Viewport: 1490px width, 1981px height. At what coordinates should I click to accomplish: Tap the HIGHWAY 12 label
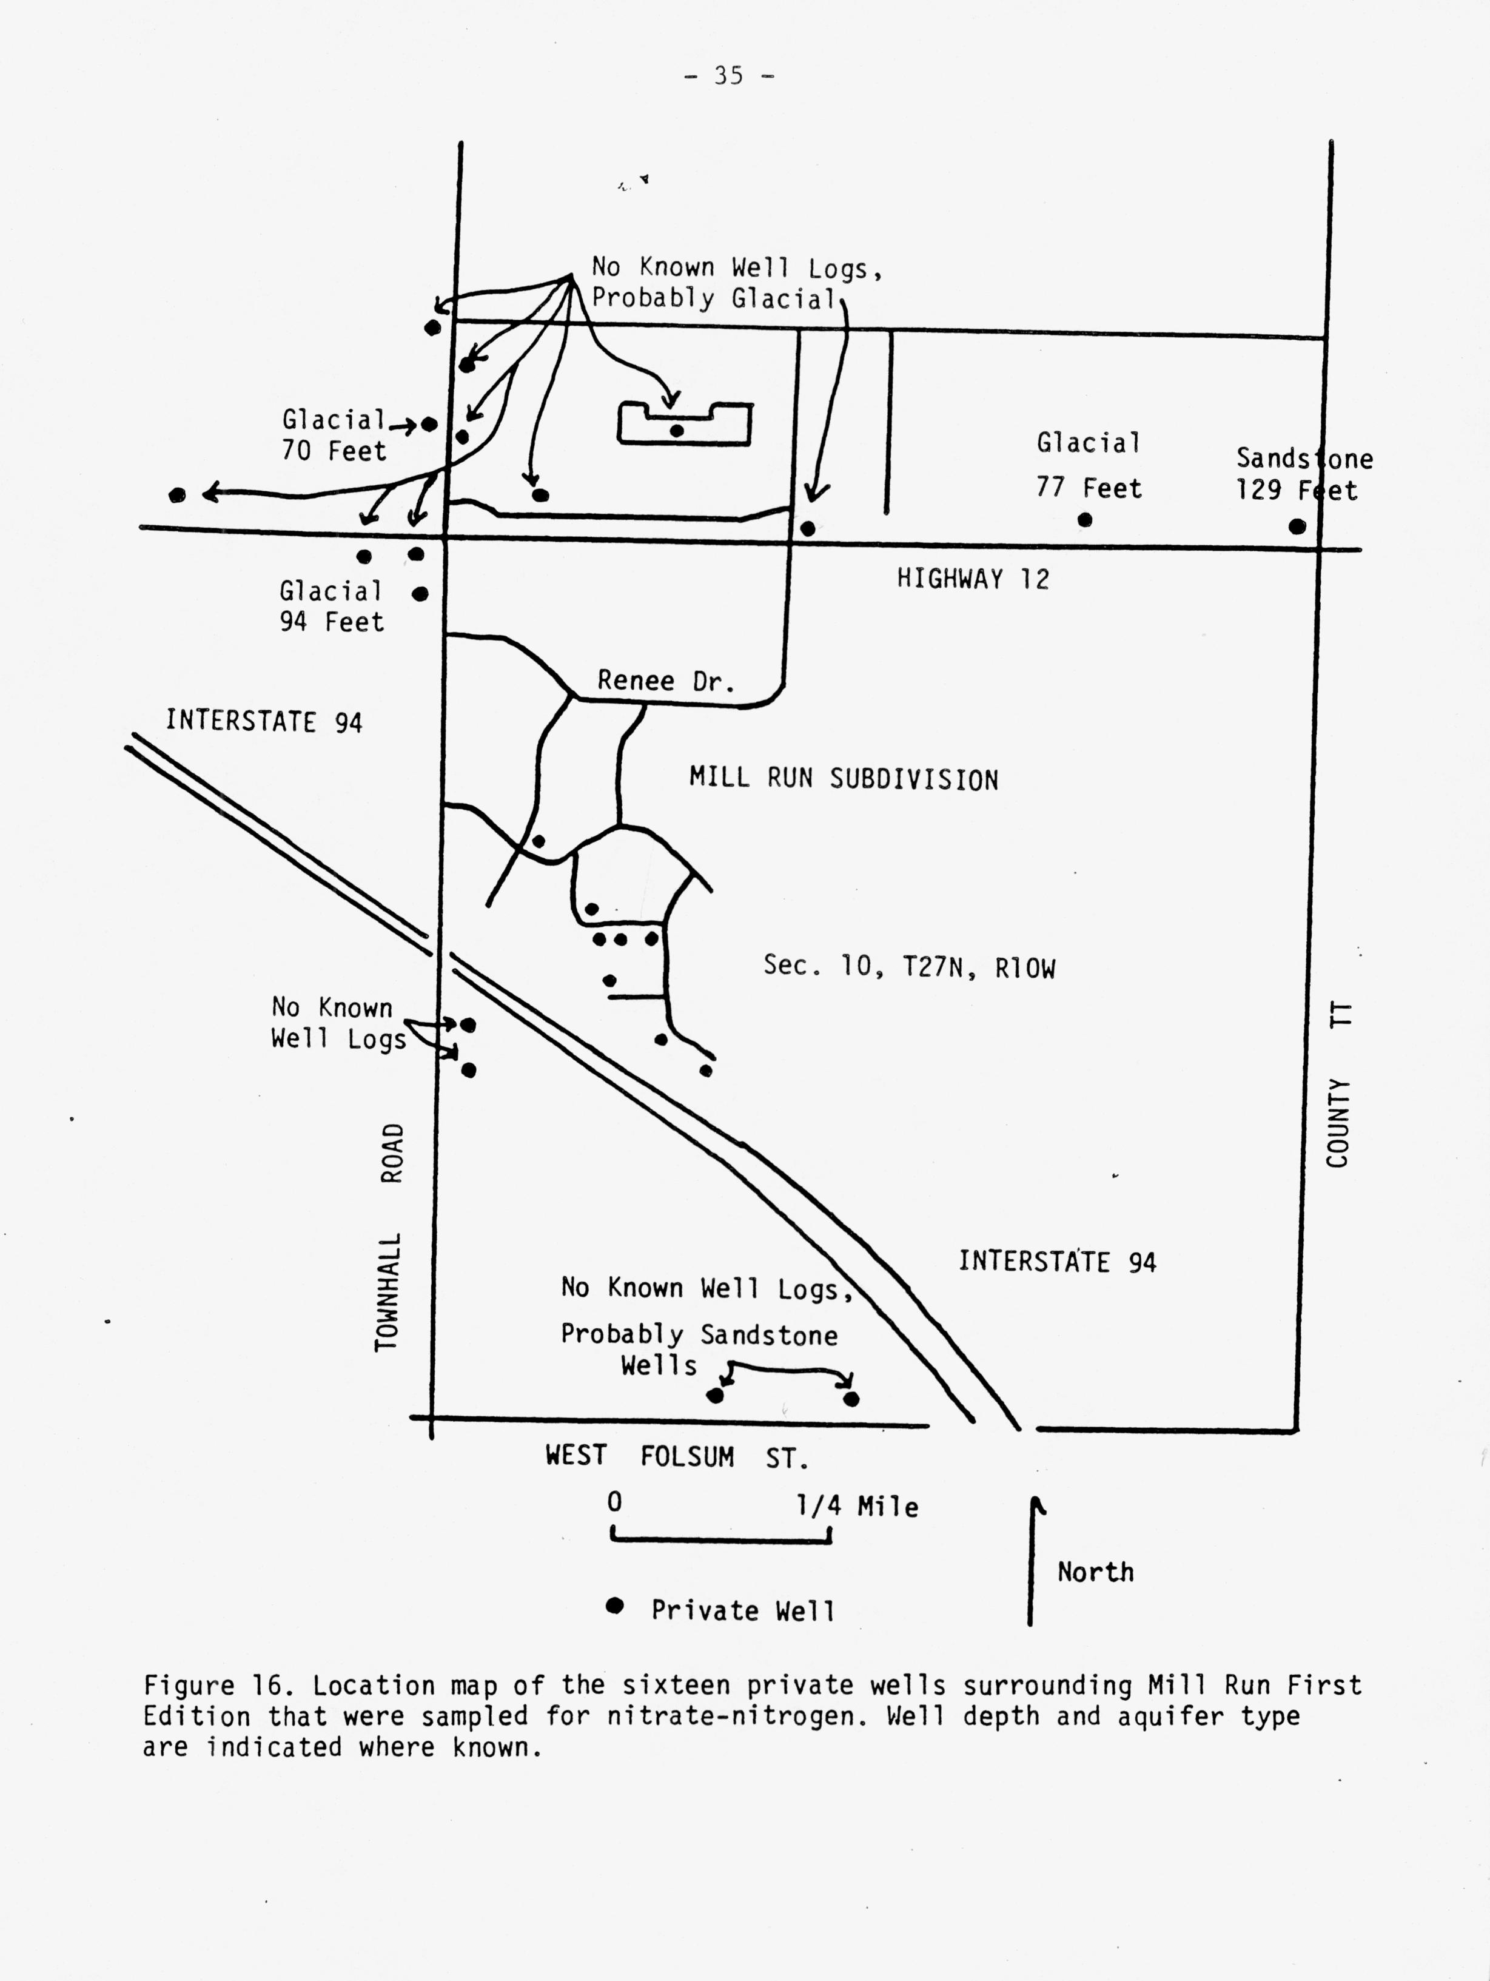[x=973, y=579]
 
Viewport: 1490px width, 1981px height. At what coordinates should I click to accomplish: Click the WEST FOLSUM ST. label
[x=677, y=1456]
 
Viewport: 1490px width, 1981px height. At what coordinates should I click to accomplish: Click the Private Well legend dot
[x=614, y=1605]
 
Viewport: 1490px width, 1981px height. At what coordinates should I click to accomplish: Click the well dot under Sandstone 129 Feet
[x=1297, y=526]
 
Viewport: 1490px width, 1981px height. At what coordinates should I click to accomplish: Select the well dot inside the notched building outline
[x=677, y=431]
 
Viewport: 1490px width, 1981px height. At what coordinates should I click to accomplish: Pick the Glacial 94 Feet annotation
[x=331, y=607]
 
